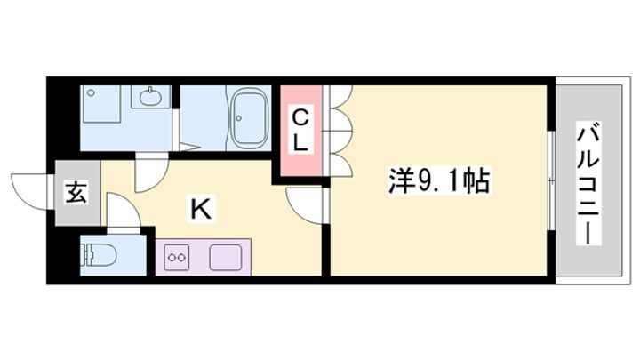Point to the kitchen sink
click(x=223, y=259)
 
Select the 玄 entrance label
click(x=76, y=191)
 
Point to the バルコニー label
click(x=588, y=183)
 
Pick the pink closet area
click(x=301, y=132)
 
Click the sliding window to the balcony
click(x=551, y=181)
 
